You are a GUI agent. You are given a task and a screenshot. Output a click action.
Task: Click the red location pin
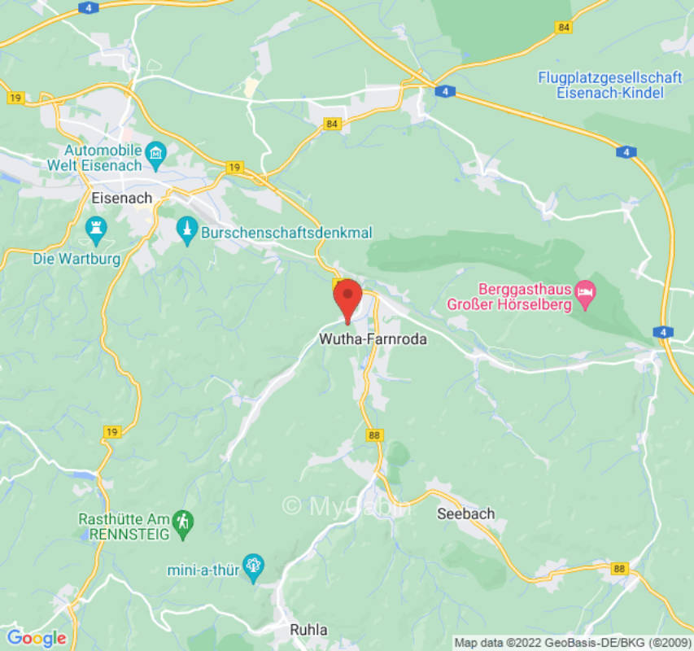[x=347, y=297]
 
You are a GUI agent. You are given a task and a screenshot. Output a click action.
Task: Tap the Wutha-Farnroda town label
[x=373, y=339]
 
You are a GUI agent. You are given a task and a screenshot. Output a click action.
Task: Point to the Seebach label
[x=465, y=513]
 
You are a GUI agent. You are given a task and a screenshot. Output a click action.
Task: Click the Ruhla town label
[x=309, y=630]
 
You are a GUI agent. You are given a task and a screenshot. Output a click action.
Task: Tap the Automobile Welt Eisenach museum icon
[x=155, y=152]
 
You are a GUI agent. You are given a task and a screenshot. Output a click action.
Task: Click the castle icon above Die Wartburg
[x=96, y=230]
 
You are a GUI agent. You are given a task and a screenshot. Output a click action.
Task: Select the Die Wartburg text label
[x=77, y=259]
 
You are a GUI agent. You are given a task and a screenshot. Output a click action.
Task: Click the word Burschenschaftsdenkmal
[x=286, y=233]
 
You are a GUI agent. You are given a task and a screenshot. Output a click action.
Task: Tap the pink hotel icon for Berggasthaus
[x=585, y=291]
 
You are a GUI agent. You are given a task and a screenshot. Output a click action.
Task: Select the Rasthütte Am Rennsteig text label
[x=124, y=526]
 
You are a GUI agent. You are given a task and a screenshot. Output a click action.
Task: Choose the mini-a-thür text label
[x=203, y=570]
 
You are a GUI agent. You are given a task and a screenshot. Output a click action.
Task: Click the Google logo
[x=36, y=638]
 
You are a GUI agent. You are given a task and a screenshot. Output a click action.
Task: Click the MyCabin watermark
[x=346, y=506]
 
